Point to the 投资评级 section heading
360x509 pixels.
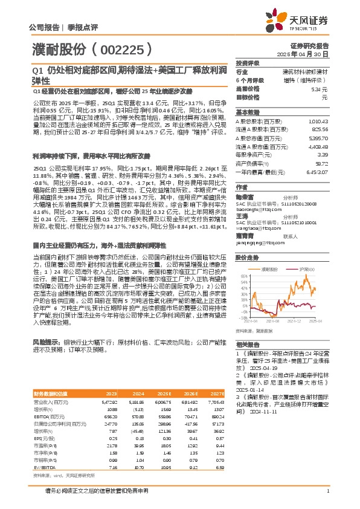click(248, 63)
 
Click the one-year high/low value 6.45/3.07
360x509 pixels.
click(317, 172)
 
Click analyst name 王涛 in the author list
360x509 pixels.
click(243, 215)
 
